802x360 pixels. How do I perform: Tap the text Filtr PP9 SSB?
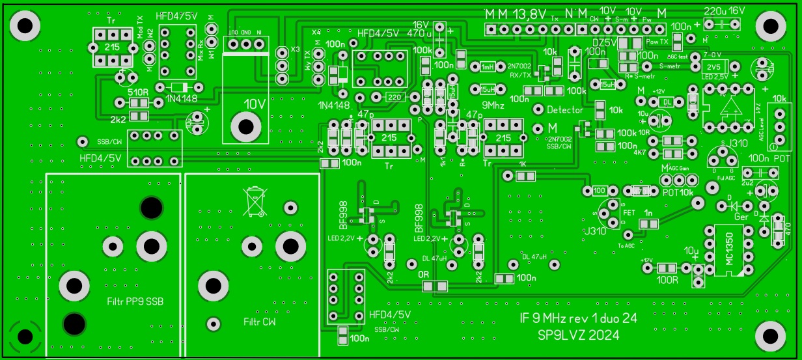pos(135,302)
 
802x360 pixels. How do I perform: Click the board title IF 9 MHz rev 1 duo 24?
pos(577,318)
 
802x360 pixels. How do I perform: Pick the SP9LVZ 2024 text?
pos(577,335)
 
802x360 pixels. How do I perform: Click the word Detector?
pos(564,110)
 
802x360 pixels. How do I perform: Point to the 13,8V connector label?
pos(531,14)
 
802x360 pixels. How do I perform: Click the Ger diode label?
pos(740,217)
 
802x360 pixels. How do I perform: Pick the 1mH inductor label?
pos(488,67)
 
